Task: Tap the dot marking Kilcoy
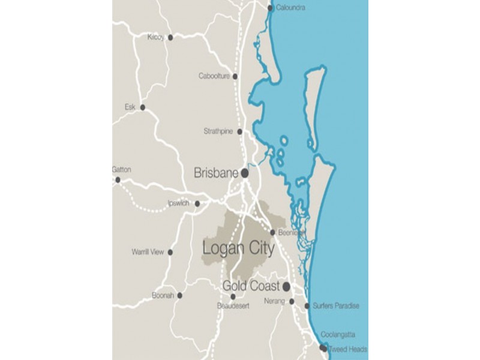(x=170, y=37)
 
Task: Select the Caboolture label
(x=214, y=76)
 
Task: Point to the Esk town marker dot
(x=143, y=107)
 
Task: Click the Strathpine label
(x=218, y=131)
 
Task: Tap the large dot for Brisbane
(x=245, y=173)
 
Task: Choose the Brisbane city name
(x=216, y=173)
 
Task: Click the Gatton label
(x=121, y=170)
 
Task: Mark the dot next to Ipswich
(x=197, y=203)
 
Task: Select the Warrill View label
(x=148, y=252)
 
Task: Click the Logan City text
(x=238, y=248)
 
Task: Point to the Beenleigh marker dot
(x=273, y=232)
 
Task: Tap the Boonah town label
(x=163, y=295)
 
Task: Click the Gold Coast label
(x=251, y=286)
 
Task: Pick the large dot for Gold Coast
(x=287, y=286)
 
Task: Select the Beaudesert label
(x=232, y=306)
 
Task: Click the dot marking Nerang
(x=292, y=301)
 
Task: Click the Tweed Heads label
(x=348, y=349)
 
